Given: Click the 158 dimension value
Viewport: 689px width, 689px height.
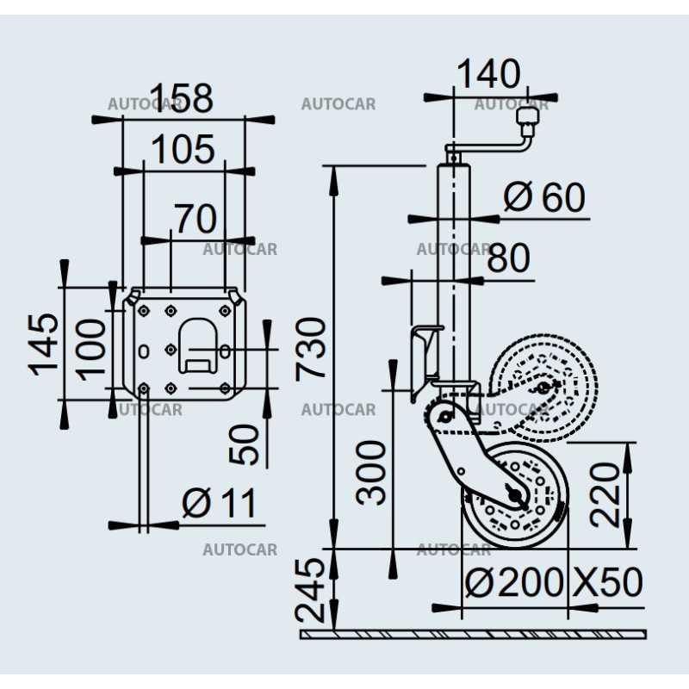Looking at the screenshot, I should (x=182, y=98).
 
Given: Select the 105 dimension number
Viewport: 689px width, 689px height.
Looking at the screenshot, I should (x=181, y=150).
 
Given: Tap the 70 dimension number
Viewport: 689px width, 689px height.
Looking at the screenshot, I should (x=195, y=219).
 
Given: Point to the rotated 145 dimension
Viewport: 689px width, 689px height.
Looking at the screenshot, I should (x=44, y=344).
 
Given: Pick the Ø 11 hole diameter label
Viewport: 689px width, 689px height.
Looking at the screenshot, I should (x=219, y=502).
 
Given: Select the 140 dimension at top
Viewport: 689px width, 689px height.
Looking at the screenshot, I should (x=489, y=74).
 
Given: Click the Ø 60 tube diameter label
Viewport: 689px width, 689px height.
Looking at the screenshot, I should (x=543, y=198).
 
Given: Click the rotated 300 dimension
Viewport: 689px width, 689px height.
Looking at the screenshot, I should (x=372, y=472).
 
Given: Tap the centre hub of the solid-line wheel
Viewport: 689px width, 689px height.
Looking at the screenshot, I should (x=514, y=495).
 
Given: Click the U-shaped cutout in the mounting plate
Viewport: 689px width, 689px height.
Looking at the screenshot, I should (x=197, y=344).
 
